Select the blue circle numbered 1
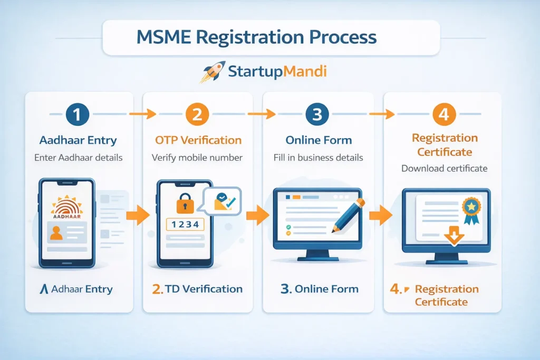coord(78,114)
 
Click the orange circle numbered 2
coord(197,114)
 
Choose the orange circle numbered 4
coord(444,114)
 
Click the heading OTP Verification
coord(198,140)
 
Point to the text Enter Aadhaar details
coord(78,157)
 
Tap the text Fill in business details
coord(318,157)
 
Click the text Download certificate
coord(444,169)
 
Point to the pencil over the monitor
coord(348,214)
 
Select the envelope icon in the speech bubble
coord(222,199)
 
